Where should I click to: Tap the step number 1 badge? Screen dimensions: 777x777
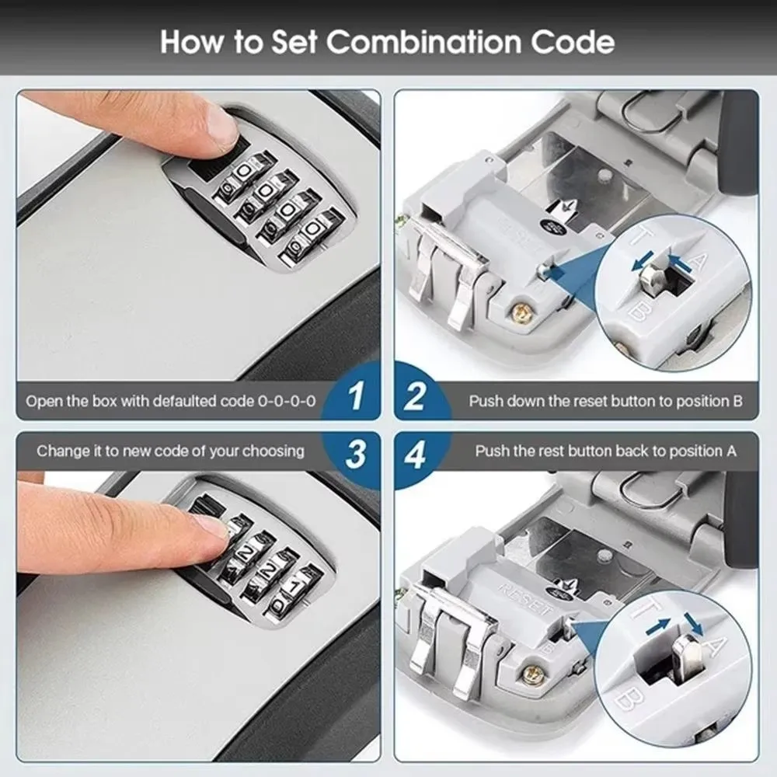(x=356, y=397)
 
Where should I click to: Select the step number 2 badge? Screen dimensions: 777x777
(x=416, y=397)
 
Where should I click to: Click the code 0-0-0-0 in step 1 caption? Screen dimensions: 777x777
(x=287, y=402)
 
